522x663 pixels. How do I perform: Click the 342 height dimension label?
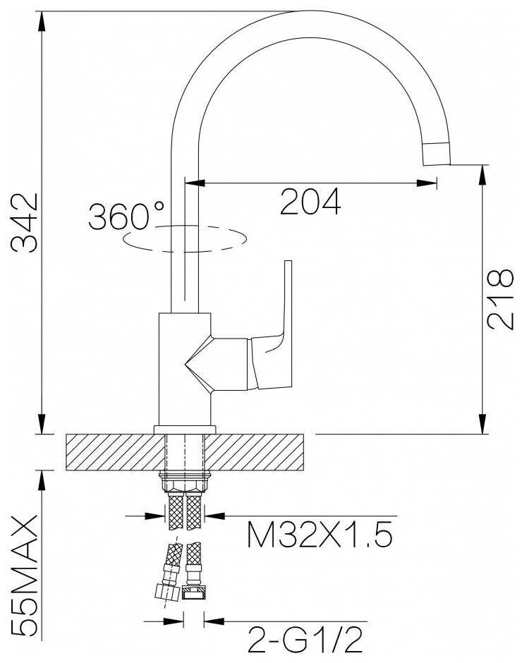pos(25,222)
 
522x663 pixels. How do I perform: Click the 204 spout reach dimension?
pos(310,202)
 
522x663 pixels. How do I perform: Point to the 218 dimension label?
pos(500,298)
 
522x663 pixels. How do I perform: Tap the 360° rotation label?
pos(126,216)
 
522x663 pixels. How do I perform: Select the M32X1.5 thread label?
pos(320,535)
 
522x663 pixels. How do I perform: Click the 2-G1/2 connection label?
pos(305,640)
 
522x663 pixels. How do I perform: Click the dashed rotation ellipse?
pos(184,239)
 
